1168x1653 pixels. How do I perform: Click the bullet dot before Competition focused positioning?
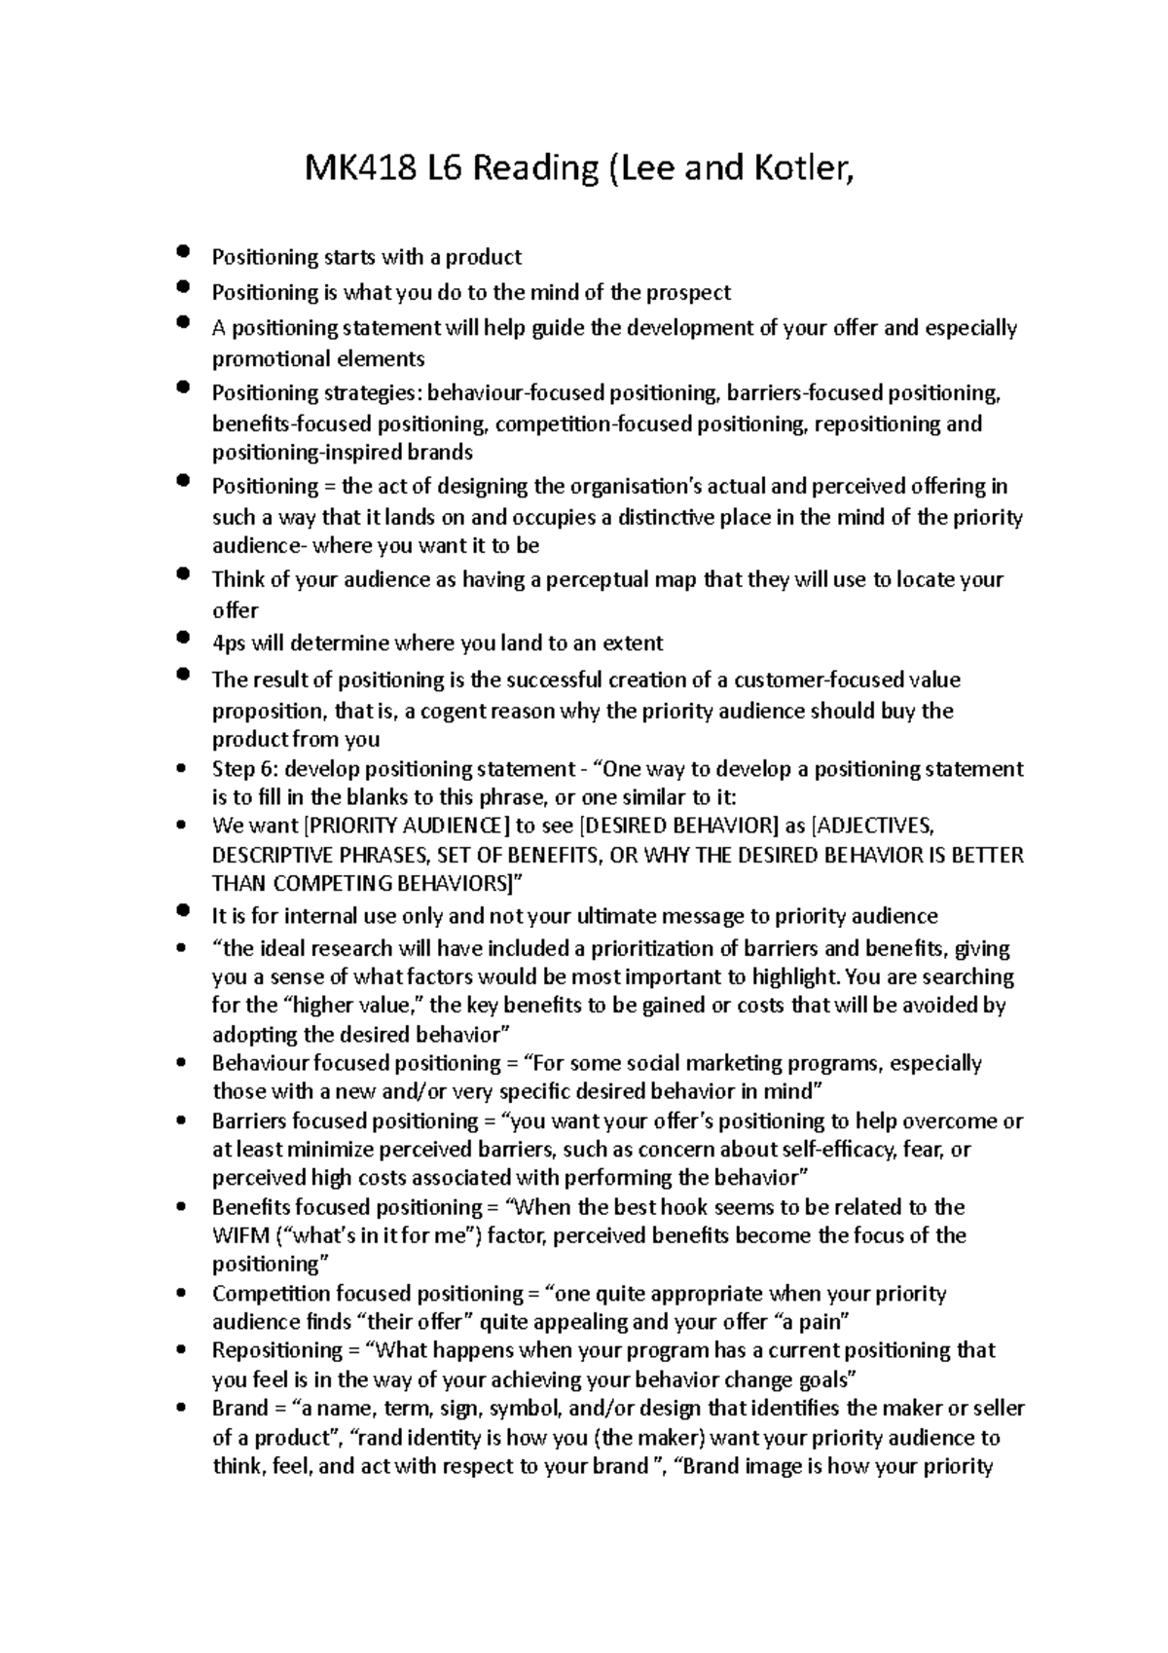click(182, 1294)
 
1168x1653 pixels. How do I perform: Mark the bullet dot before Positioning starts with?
click(182, 252)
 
